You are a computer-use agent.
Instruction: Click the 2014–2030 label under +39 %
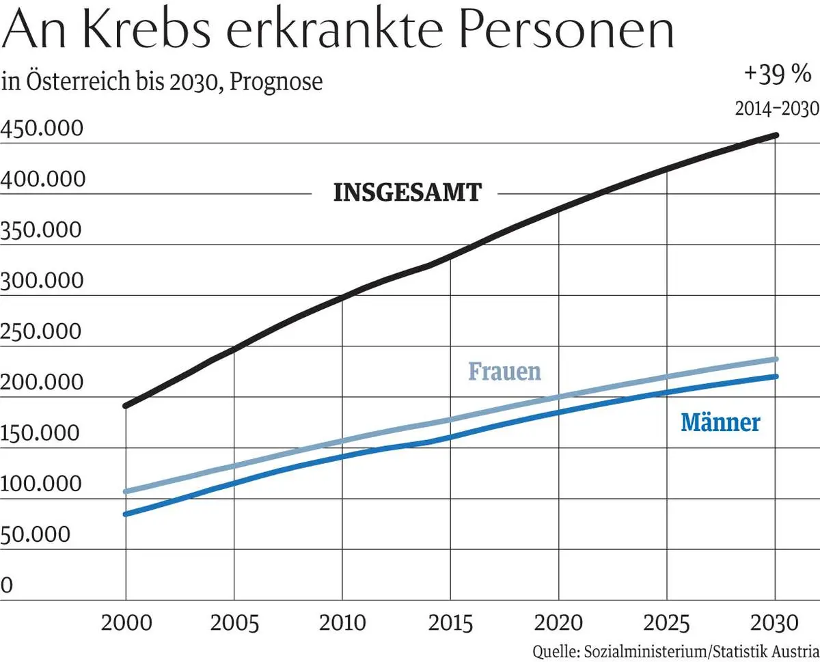click(776, 109)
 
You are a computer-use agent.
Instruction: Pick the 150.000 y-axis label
click(42, 433)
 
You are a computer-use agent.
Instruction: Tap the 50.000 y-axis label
click(36, 534)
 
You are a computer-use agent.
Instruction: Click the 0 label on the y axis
click(8, 585)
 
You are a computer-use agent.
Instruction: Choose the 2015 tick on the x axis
click(450, 624)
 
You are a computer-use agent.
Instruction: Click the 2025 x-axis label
click(667, 624)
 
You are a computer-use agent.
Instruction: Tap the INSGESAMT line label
click(407, 193)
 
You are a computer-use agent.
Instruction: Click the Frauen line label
click(504, 371)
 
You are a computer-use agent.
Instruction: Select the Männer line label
click(720, 423)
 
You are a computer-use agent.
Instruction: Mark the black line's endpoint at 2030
click(775, 135)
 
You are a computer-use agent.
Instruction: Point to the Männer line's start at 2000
click(126, 514)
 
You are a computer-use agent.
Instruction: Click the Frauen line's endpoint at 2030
click(775, 359)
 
